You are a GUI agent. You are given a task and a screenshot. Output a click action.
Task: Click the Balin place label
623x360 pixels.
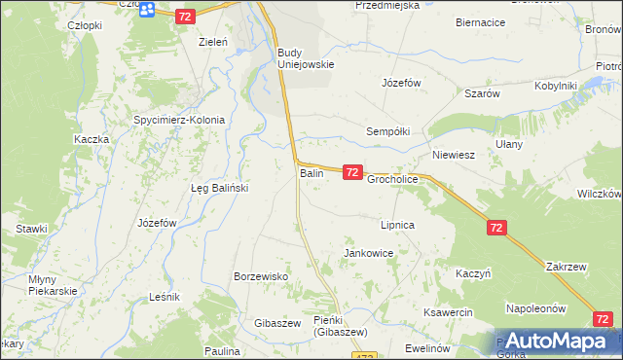[311, 173]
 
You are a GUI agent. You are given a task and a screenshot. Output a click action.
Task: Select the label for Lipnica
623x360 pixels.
[397, 225]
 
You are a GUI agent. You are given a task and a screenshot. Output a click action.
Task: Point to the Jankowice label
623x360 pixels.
[368, 253]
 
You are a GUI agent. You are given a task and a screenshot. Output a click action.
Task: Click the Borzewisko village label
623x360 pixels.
[261, 276]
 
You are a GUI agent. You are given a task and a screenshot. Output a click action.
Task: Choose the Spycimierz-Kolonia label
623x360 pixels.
[179, 121]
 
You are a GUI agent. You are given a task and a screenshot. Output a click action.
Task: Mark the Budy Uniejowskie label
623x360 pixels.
[306, 58]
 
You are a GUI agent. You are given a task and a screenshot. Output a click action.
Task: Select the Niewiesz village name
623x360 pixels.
[453, 155]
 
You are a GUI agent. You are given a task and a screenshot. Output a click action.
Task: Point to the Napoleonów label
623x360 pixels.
[535, 308]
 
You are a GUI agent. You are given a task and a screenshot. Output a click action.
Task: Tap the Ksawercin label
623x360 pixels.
[448, 312]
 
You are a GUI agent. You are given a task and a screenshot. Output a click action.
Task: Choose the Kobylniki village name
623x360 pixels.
[556, 86]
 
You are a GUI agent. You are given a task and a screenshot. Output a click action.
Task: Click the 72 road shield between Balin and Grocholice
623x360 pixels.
[352, 172]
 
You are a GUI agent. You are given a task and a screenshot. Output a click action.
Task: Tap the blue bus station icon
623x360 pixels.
[146, 10]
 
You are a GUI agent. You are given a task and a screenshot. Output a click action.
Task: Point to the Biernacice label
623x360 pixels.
[481, 20]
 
